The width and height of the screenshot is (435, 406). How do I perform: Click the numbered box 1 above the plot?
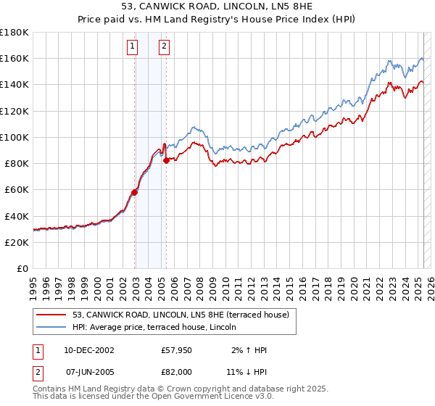click(133, 47)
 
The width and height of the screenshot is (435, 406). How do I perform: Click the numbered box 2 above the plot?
click(165, 47)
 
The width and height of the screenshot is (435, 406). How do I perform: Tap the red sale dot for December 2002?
click(134, 192)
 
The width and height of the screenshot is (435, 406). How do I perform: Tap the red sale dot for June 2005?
click(166, 161)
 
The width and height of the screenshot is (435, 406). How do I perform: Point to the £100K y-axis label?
click(15, 137)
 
